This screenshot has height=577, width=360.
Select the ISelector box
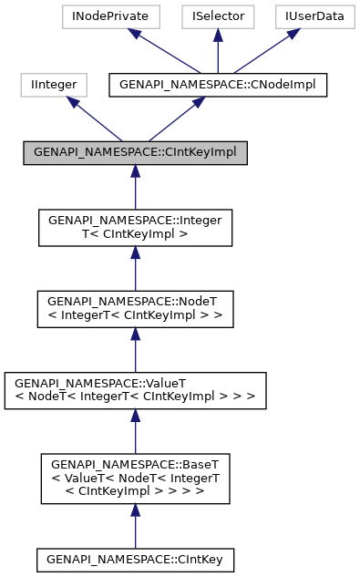coord(218,15)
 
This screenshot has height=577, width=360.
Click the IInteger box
coord(54,85)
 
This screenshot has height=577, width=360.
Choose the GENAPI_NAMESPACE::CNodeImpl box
coord(217,85)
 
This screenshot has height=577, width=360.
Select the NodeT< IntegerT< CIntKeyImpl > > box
coord(135,309)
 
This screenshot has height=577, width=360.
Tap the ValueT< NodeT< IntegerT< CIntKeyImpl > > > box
coord(135,389)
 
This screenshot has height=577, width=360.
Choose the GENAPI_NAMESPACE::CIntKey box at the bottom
coord(135,558)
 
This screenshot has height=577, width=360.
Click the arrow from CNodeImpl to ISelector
coord(218,51)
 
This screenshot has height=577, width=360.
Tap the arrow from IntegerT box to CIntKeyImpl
coord(135,188)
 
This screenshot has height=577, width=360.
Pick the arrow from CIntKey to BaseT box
coord(135,524)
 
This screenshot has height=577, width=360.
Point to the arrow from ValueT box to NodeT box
coord(135,349)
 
